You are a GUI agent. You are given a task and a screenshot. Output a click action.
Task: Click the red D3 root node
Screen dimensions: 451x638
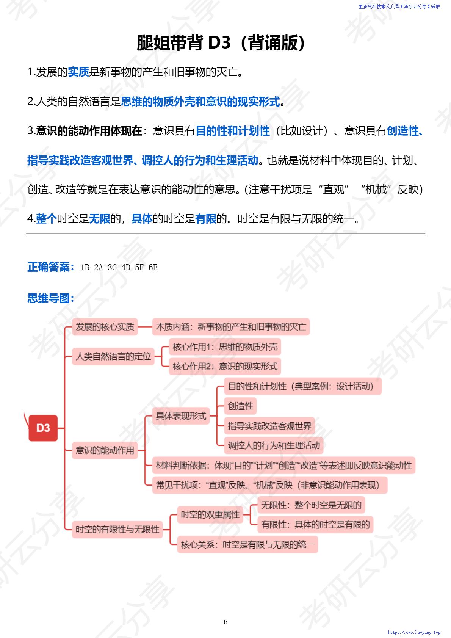tap(43, 428)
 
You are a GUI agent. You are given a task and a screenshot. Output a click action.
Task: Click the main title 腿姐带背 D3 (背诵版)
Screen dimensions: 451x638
tap(221, 43)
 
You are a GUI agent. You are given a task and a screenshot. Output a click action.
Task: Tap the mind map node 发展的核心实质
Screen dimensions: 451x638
tap(105, 327)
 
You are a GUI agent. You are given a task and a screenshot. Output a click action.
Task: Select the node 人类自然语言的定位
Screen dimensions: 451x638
tap(113, 356)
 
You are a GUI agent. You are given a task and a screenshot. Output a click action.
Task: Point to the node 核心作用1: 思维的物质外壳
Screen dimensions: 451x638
tap(225, 346)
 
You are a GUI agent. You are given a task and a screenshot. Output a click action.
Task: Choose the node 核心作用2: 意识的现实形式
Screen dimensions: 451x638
tap(225, 366)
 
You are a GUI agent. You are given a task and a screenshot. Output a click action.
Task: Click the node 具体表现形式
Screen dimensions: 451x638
tap(181, 416)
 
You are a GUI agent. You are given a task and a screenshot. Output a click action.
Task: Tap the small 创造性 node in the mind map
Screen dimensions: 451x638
tap(240, 406)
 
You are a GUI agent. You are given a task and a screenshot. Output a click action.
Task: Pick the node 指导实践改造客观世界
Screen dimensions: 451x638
tap(269, 426)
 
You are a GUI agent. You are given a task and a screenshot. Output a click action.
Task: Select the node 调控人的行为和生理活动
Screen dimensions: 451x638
tap(274, 445)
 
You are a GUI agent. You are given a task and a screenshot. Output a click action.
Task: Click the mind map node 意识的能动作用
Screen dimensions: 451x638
tap(105, 450)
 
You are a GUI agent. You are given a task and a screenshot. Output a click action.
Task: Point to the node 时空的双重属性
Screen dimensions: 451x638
tap(210, 514)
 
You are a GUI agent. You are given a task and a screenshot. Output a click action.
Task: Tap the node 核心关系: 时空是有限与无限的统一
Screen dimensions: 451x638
tap(247, 544)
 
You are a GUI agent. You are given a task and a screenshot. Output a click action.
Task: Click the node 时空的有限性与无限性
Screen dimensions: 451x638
tap(117, 529)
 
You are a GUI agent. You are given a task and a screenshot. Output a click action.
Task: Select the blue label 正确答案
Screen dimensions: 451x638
tap(51, 267)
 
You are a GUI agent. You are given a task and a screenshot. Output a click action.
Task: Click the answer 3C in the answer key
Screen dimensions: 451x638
tap(112, 268)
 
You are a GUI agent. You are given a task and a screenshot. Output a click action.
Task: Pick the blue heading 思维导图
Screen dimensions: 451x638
tap(51, 298)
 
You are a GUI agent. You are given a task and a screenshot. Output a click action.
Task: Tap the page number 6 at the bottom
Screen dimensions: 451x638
tap(225, 621)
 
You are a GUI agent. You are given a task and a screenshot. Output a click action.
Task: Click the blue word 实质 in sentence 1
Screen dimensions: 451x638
tap(78, 72)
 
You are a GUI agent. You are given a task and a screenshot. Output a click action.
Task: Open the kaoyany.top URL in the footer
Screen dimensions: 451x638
tap(414, 632)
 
